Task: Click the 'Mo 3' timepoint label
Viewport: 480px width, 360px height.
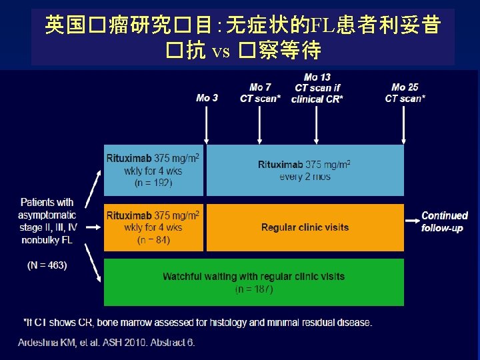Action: pyautogui.click(x=207, y=98)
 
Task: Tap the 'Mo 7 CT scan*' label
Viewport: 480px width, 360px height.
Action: pyautogui.click(x=260, y=93)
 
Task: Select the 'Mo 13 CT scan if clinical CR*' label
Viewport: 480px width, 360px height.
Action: pyautogui.click(x=317, y=88)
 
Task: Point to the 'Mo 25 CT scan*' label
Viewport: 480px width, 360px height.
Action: pyautogui.click(x=405, y=93)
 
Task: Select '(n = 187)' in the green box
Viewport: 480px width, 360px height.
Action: pyautogui.click(x=254, y=289)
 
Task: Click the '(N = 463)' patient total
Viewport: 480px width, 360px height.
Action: pyautogui.click(x=47, y=265)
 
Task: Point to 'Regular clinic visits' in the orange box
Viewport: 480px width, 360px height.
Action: pyautogui.click(x=305, y=227)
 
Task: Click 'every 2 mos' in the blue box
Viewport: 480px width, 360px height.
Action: pyautogui.click(x=305, y=177)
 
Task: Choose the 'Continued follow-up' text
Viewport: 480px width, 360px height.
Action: pyautogui.click(x=445, y=221)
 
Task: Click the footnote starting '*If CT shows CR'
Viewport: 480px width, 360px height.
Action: pyautogui.click(x=198, y=323)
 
